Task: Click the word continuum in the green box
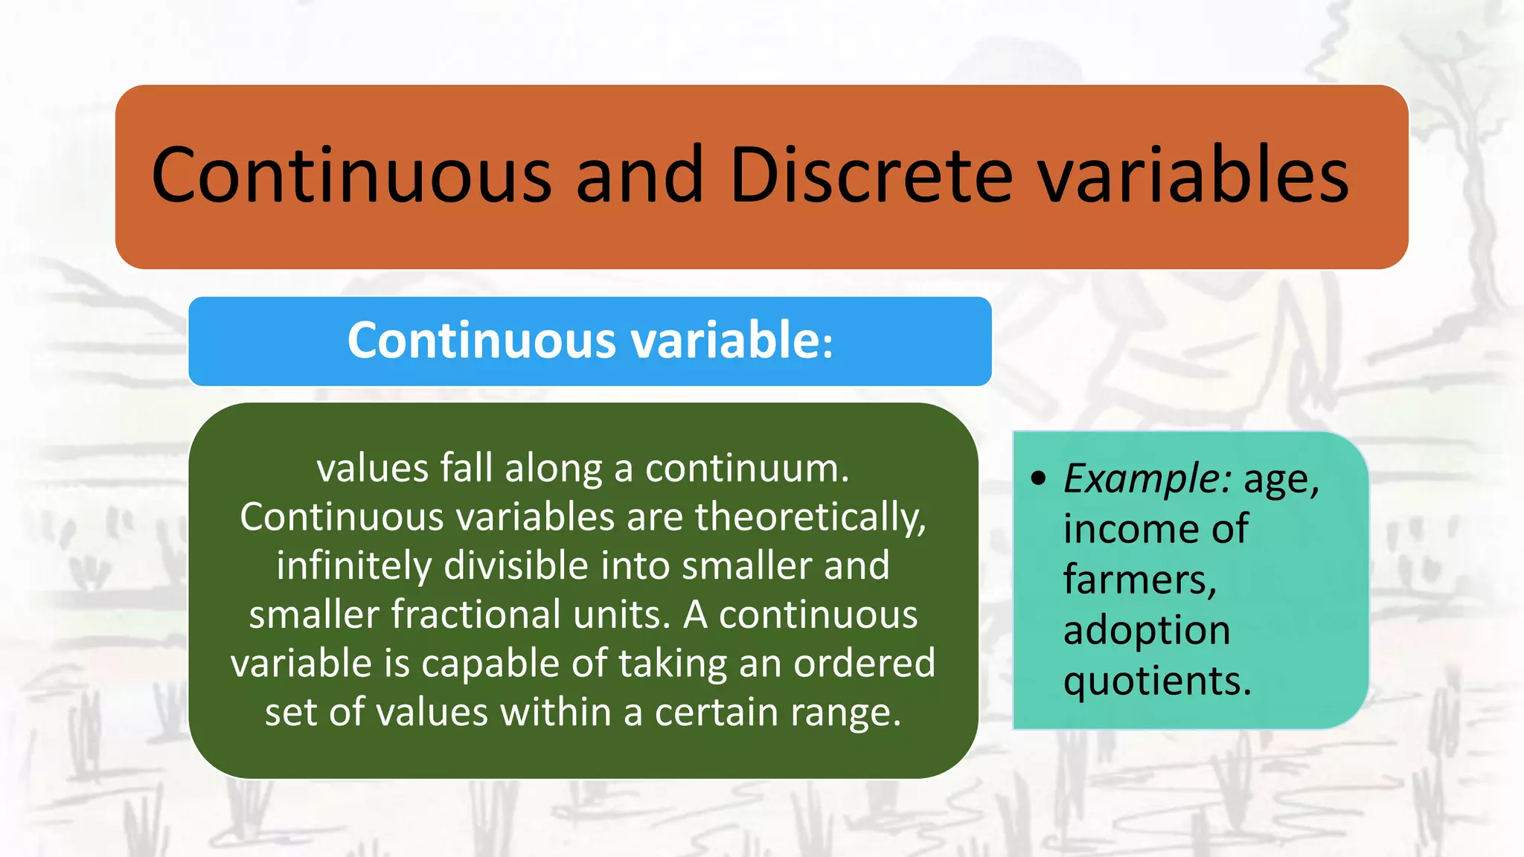click(x=746, y=469)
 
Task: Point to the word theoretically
click(x=810, y=518)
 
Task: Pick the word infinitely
click(x=353, y=566)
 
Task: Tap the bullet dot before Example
click(x=1039, y=478)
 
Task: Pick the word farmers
click(x=1139, y=580)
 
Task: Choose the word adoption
click(x=1146, y=630)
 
